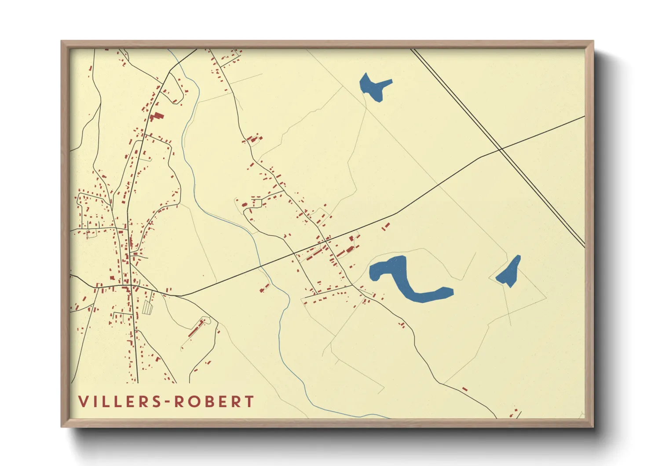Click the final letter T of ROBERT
coord(249,402)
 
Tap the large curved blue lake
coord(409,282)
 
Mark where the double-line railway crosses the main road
coord(501,150)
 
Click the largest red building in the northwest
coord(156,117)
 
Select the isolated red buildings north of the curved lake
coord(386,227)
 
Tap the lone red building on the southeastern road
coord(464,389)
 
